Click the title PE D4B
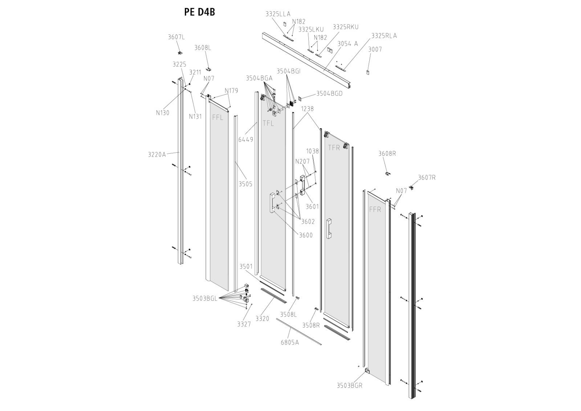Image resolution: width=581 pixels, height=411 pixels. (x=199, y=12)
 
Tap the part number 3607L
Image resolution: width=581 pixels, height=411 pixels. (x=176, y=37)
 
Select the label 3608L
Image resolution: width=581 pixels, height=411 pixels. (x=203, y=48)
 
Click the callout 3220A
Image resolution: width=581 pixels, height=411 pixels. (x=157, y=154)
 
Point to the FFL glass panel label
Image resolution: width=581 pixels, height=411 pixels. (x=218, y=118)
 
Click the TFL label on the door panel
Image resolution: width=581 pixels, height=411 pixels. (x=268, y=123)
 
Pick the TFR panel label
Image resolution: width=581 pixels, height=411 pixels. (x=334, y=147)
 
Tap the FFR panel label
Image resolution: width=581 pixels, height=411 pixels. (x=375, y=209)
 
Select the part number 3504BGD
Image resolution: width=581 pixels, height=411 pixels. (x=329, y=93)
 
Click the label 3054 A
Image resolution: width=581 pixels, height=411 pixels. (x=348, y=44)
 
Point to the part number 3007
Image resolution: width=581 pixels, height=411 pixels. (x=375, y=49)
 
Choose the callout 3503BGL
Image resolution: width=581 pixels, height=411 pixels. (x=205, y=298)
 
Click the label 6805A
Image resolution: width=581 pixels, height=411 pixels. (x=290, y=342)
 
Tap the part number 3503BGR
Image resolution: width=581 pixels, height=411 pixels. (x=349, y=385)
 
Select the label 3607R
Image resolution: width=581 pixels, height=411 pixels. (x=427, y=178)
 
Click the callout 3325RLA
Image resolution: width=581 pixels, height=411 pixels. (x=384, y=36)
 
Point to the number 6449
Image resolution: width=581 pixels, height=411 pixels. (x=246, y=139)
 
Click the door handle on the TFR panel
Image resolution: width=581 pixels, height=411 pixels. (x=329, y=228)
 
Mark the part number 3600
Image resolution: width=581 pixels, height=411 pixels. (x=306, y=235)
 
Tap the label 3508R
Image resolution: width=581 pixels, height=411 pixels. (x=311, y=325)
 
